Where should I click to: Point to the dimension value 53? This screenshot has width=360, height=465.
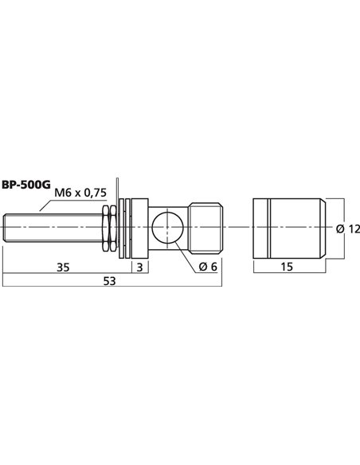112,281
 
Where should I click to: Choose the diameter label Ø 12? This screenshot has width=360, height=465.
348,229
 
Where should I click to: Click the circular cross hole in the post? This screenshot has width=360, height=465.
167,229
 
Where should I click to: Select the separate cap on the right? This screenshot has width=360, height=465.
288,229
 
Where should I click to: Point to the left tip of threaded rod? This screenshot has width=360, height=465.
6,229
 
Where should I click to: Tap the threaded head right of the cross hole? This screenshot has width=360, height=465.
205,229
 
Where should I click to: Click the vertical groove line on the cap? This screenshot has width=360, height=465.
269,229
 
